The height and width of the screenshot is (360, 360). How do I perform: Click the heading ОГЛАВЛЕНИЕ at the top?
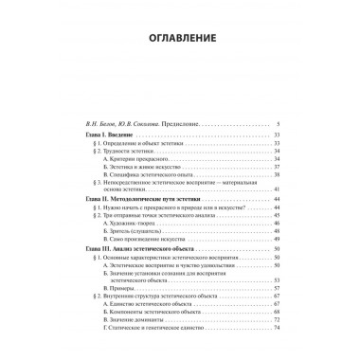179,39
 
